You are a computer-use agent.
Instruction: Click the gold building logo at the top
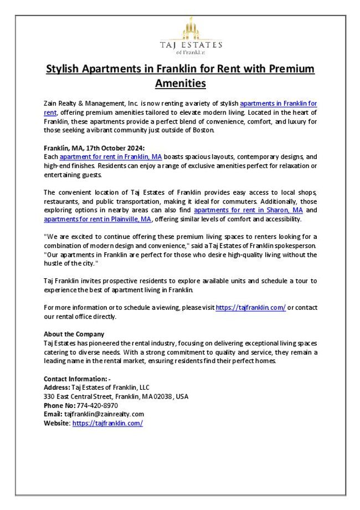[x=190, y=28]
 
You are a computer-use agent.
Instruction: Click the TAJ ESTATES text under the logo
[x=191, y=44]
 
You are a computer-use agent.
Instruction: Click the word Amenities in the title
[x=180, y=83]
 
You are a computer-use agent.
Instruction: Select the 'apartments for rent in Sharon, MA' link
[x=248, y=211]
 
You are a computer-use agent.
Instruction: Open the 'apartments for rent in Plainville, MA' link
[x=97, y=219]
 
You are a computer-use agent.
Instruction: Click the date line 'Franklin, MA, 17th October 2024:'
[x=94, y=148]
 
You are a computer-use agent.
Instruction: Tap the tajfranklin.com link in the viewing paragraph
[x=250, y=308]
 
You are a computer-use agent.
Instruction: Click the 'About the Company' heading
[x=74, y=334]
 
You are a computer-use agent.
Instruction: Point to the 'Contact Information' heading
[x=77, y=379]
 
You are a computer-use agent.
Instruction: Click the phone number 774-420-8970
[x=97, y=405]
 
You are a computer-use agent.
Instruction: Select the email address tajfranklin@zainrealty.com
[x=104, y=414]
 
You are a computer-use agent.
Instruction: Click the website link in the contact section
[x=107, y=423]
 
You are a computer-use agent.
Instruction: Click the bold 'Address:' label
[x=57, y=387]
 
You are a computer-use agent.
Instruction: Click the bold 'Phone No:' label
[x=59, y=405]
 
